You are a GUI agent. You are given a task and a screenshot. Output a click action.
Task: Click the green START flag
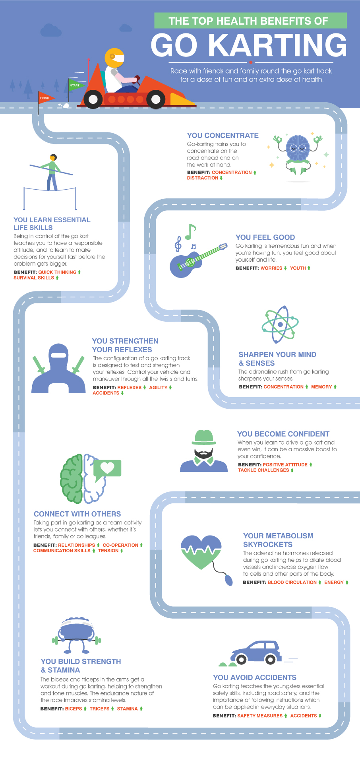[x=75, y=85]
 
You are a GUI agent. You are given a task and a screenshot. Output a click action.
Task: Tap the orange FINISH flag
[x=46, y=98]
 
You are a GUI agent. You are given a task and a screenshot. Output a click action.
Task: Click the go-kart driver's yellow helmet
[x=114, y=58]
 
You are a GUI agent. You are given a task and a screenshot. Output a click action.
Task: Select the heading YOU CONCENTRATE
[x=223, y=136]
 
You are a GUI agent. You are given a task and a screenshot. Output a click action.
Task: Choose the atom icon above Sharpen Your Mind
[x=280, y=324]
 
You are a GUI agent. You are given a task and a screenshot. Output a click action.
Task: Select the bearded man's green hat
[x=204, y=437]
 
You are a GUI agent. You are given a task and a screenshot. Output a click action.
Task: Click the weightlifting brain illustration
[x=76, y=635]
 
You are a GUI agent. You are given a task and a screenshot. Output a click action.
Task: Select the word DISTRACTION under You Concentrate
[x=203, y=178]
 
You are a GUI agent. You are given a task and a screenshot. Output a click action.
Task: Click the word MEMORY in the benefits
[x=321, y=387]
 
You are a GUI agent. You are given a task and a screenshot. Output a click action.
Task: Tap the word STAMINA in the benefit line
[x=127, y=709]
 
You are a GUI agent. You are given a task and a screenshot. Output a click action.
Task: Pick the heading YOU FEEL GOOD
[x=265, y=237]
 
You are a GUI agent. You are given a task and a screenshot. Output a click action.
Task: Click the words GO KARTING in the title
[x=249, y=45]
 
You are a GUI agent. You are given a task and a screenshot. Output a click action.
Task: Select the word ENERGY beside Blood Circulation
[x=334, y=582]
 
